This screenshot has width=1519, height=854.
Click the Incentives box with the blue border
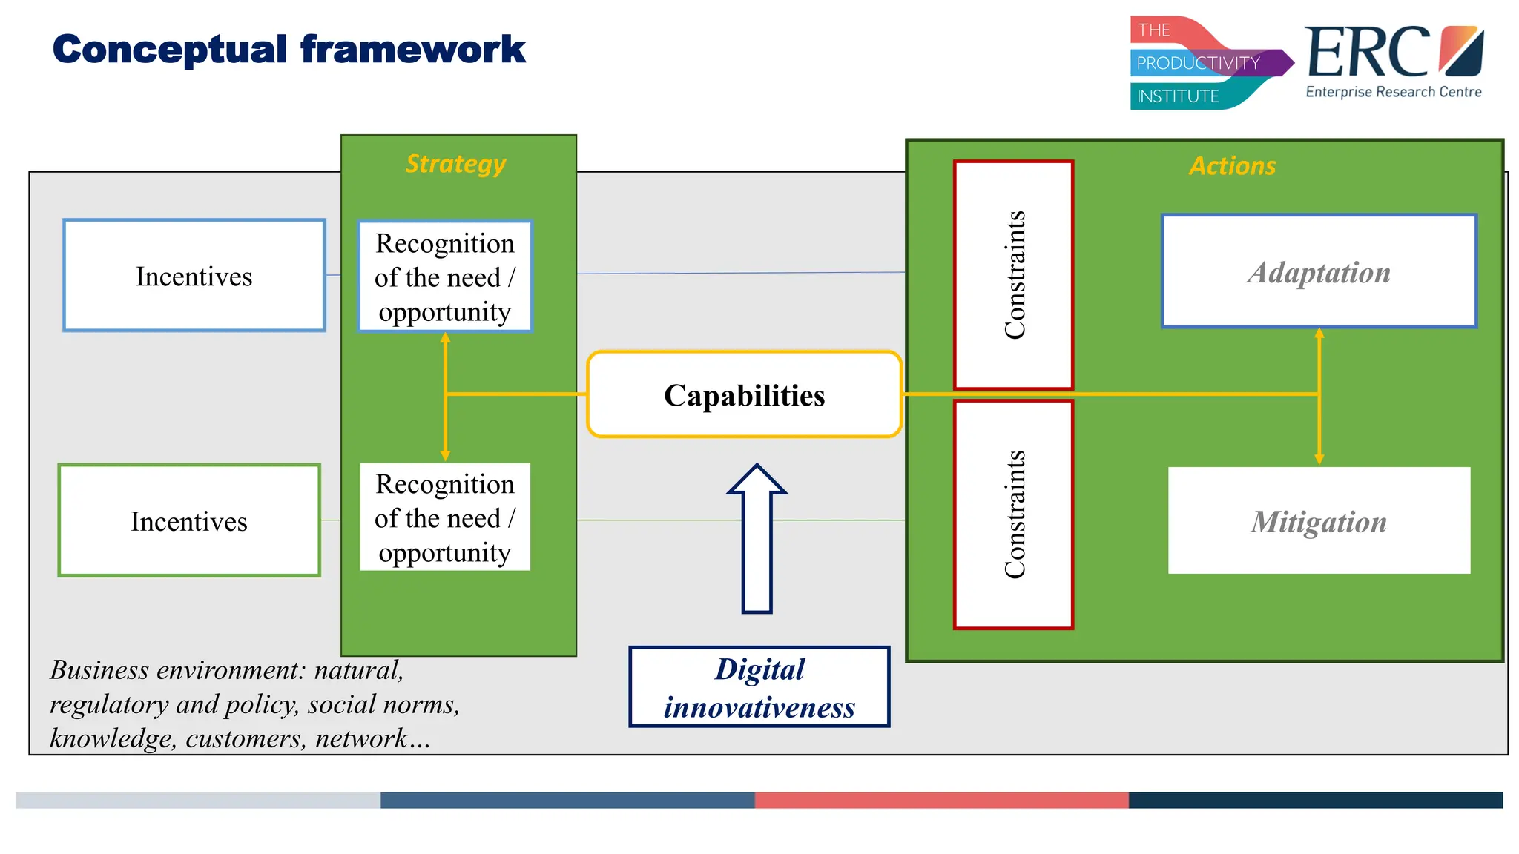pyautogui.click(x=194, y=275)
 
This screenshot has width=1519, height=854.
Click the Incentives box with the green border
pyautogui.click(x=189, y=520)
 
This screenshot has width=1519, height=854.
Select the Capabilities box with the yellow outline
pyautogui.click(x=744, y=394)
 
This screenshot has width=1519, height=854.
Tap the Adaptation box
pyautogui.click(x=1319, y=271)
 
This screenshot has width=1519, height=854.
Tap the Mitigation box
pyautogui.click(x=1319, y=520)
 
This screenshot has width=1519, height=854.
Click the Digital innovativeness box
pyautogui.click(x=759, y=687)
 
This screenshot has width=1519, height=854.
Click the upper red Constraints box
pyautogui.click(x=1013, y=275)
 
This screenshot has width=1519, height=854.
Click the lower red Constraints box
pyautogui.click(x=1013, y=514)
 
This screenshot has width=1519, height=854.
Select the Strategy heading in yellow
pyautogui.click(x=455, y=163)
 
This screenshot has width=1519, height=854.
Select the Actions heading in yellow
pyautogui.click(x=1233, y=165)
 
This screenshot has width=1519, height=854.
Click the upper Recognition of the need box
pyautogui.click(x=444, y=277)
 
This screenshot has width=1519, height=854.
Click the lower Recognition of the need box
pyautogui.click(x=444, y=517)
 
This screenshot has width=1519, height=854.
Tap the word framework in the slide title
pyautogui.click(x=412, y=50)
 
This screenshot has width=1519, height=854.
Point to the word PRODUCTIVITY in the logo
pyautogui.click(x=1198, y=63)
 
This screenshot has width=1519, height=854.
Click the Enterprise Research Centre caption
pyautogui.click(x=1393, y=92)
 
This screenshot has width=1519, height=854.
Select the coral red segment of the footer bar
pyautogui.click(x=941, y=800)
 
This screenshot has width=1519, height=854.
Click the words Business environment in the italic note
pyautogui.click(x=177, y=669)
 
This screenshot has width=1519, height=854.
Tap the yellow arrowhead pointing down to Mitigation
pyautogui.click(x=1319, y=458)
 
